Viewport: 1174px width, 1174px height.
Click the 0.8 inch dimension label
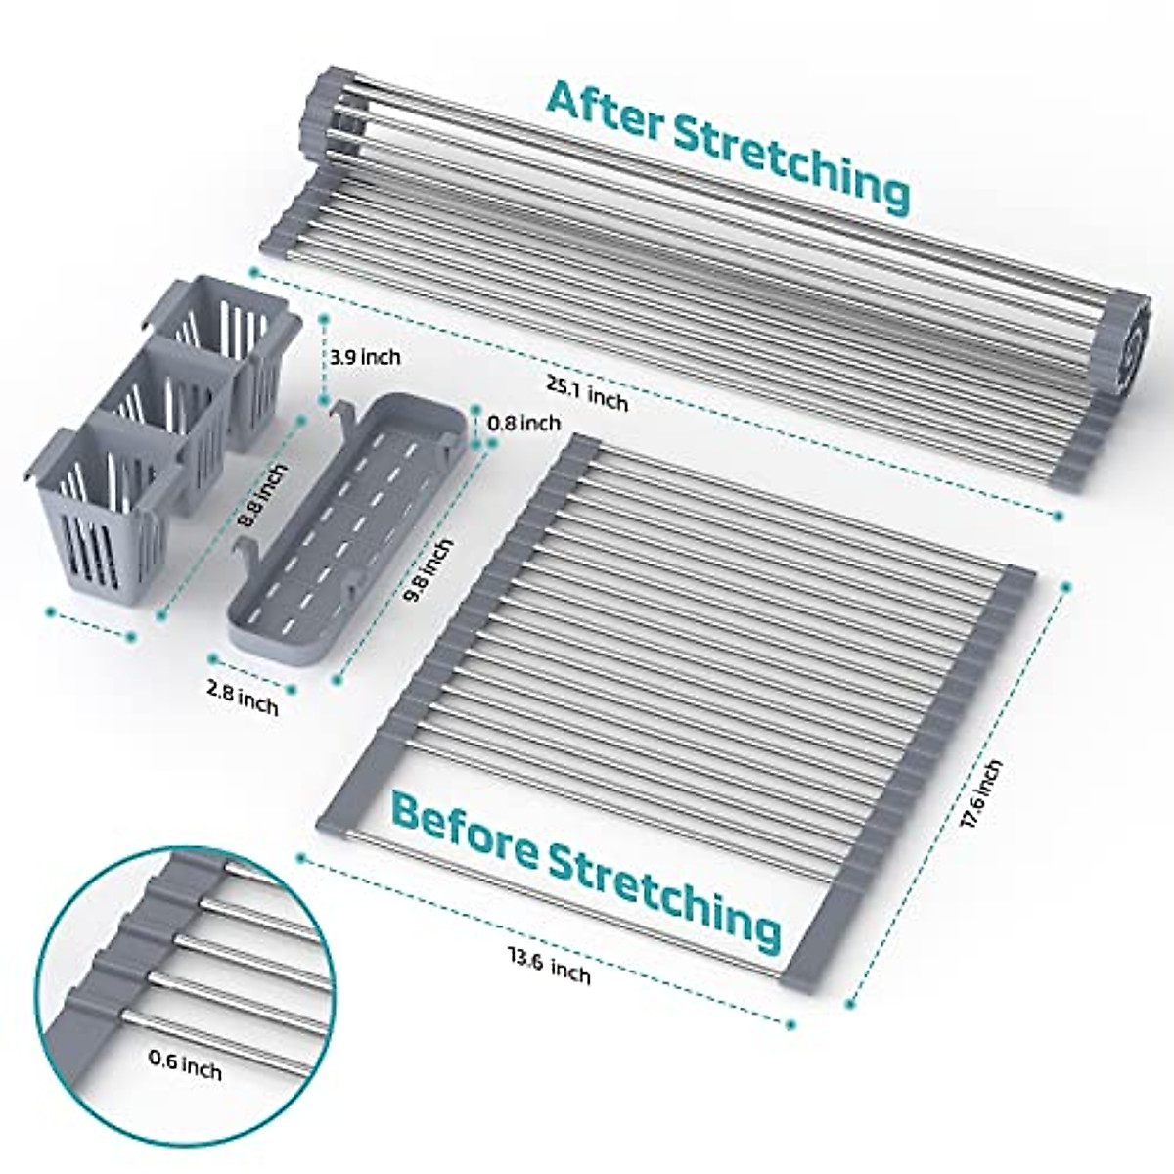522,423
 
